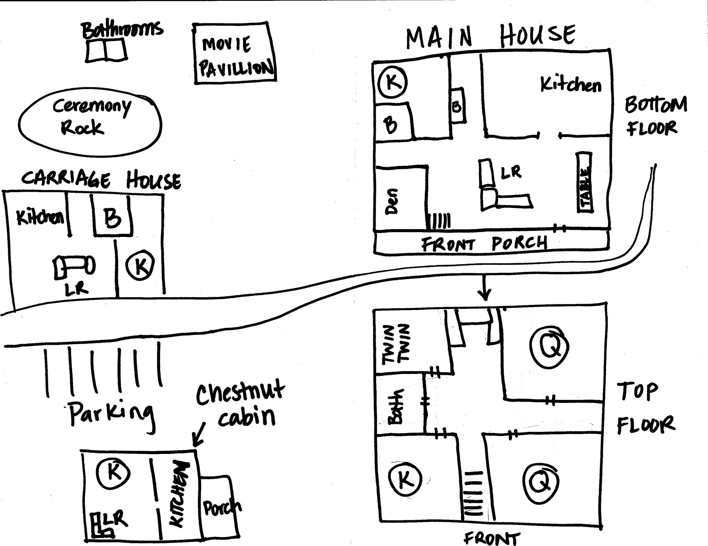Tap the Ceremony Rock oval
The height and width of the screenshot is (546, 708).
(90, 122)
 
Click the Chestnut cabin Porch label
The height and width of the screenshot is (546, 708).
(222, 508)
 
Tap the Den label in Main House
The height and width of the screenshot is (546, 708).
(392, 201)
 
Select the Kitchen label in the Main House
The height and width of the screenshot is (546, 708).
(570, 84)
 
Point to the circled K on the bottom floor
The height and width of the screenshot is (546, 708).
(393, 82)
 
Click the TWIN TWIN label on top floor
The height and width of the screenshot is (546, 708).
(395, 345)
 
